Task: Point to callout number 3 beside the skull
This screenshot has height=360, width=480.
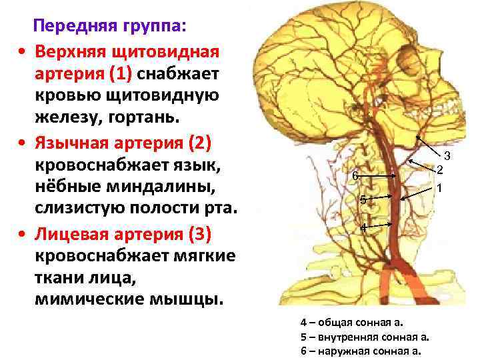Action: [448, 157]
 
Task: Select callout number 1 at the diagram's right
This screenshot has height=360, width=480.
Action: [440, 189]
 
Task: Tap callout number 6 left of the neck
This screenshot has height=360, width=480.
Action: [355, 176]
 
